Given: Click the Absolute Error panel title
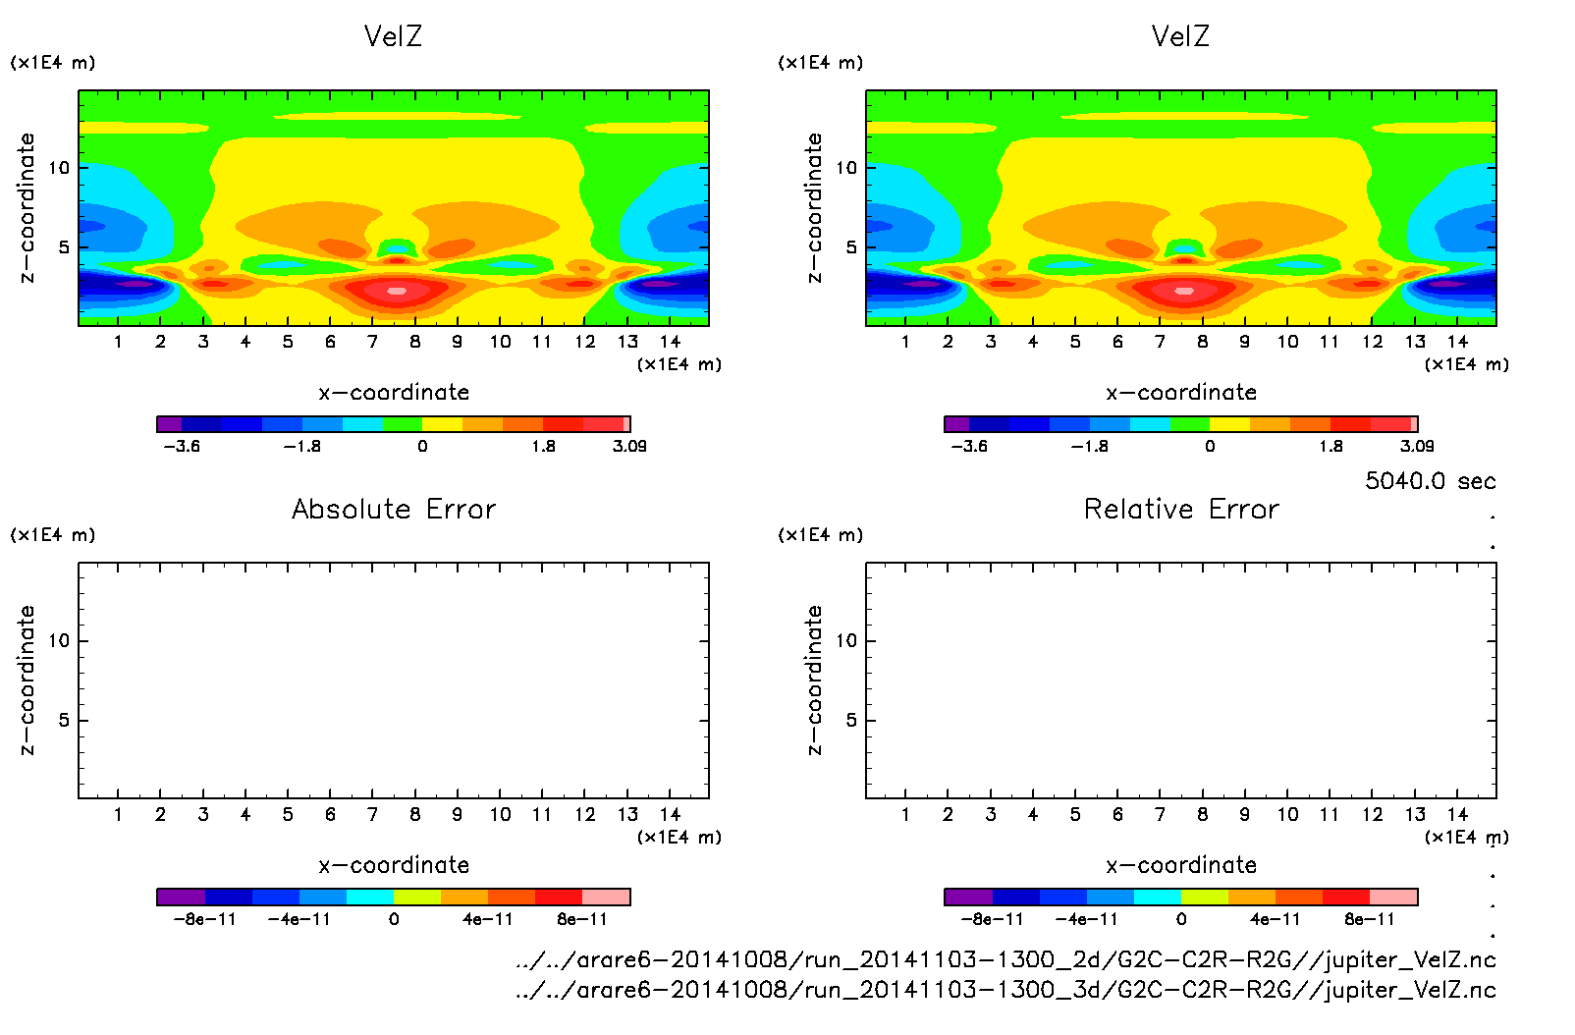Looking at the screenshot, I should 394,509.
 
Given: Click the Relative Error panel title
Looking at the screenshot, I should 1181,509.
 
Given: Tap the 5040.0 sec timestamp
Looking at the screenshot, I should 1430,481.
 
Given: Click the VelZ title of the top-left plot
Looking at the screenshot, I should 393,36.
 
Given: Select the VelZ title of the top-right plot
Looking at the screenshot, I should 1180,36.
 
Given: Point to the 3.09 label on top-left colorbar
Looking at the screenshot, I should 629,446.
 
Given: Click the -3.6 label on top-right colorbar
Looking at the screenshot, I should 969,446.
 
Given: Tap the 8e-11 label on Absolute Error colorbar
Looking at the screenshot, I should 582,919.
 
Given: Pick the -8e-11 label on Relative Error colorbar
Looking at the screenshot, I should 993,919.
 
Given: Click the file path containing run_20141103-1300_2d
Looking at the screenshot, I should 1005,959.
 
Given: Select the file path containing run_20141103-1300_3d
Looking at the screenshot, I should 1005,990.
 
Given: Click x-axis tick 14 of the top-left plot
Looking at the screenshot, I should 670,342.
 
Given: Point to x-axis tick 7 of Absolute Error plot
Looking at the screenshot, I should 372,814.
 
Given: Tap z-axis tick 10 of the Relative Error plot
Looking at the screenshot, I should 846,640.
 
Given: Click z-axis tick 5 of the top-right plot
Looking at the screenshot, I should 851,247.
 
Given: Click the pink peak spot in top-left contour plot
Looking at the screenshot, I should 396,291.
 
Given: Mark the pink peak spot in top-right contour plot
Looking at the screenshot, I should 1183,291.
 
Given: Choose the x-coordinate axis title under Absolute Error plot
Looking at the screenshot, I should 394,865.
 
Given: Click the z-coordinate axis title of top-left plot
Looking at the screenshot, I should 27,208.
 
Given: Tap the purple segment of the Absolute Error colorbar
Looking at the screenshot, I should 181,897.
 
